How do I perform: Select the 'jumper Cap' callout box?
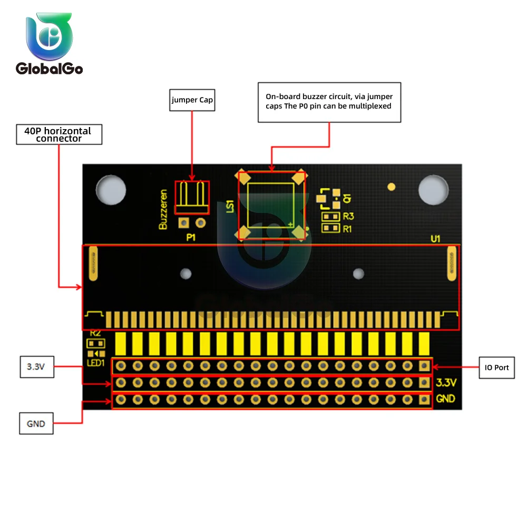coord(192,100)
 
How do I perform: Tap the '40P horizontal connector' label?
coord(58,134)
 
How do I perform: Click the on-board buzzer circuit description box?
coord(329,102)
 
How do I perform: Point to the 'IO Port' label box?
coord(497,367)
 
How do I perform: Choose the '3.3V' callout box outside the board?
coord(36,367)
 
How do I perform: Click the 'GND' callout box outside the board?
coord(36,423)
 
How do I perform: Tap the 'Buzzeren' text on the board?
coord(163,210)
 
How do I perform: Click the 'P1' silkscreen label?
coord(191,238)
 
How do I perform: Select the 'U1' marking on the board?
coord(435,239)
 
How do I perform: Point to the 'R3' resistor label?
coord(348,216)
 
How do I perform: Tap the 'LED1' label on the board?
coord(96,363)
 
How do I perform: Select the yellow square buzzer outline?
coord(271,205)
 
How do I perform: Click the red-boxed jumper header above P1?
coord(192,198)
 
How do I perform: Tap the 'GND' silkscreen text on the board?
coord(446,399)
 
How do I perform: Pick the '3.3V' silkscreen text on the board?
coord(446,382)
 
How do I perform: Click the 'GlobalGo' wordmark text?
coord(49,69)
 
